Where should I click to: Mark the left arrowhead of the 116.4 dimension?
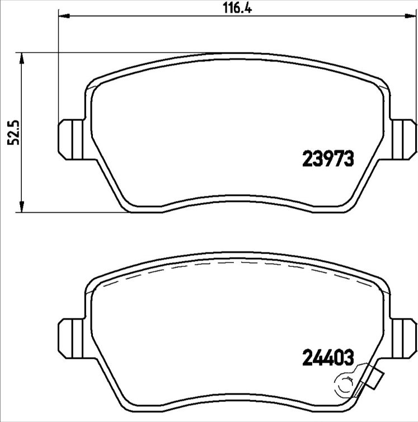pyautogui.click(x=62, y=17)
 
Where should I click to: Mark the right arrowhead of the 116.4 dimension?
pyautogui.click(x=411, y=17)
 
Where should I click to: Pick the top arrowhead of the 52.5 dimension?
pyautogui.click(x=21, y=57)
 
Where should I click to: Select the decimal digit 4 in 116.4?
pyautogui.click(x=246, y=8)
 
